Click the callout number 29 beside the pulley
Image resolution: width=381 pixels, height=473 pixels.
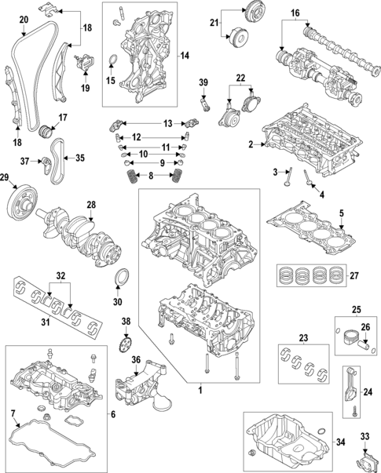coord(7,180)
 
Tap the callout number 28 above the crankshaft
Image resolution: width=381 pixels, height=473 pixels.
coord(91,205)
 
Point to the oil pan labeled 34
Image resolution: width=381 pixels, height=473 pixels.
coord(288,440)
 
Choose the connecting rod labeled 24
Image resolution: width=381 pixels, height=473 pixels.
coord(350,391)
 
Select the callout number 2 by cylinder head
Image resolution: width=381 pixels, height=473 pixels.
coord(251,144)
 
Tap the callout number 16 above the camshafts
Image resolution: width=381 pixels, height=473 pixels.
coord(295,13)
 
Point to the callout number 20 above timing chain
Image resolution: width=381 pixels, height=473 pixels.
coord(23,19)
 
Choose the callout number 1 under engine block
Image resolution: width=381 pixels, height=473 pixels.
coord(200,390)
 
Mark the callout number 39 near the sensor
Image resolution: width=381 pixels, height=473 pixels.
coord(203,84)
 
